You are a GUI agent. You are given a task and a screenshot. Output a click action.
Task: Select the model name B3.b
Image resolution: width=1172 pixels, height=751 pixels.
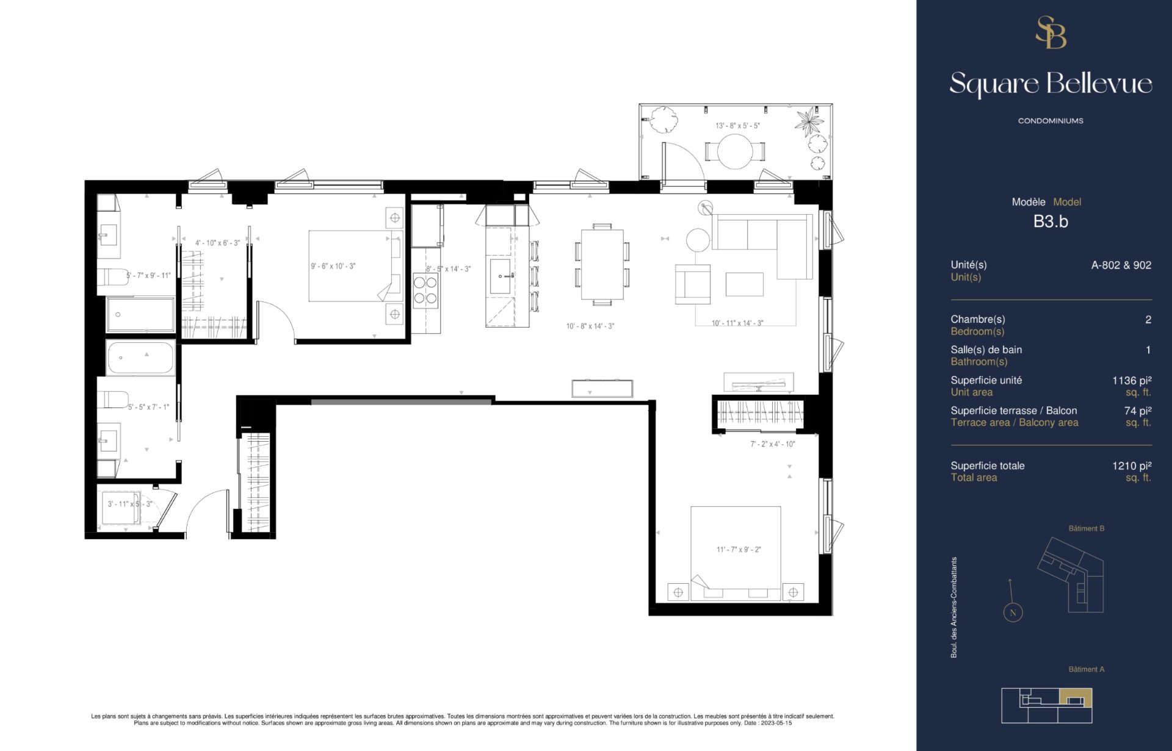point(1051,221)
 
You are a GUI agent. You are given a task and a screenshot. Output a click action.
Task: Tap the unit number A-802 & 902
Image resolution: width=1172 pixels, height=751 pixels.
point(1121,265)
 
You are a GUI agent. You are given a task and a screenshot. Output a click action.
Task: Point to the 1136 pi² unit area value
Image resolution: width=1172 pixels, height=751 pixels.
point(1132,381)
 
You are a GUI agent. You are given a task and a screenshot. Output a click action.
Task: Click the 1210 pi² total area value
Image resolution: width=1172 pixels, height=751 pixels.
point(1132,466)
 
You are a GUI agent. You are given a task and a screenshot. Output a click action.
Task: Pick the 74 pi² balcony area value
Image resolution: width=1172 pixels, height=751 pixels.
point(1138,411)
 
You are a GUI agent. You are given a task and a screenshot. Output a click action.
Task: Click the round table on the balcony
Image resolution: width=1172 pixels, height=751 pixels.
point(735,151)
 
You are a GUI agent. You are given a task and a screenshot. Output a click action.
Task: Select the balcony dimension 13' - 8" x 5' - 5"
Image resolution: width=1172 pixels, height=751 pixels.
point(737,126)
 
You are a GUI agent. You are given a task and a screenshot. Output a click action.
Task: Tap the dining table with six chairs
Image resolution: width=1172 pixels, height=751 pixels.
point(602,264)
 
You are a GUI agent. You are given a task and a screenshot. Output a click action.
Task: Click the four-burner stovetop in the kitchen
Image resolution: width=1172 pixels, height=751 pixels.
point(425,290)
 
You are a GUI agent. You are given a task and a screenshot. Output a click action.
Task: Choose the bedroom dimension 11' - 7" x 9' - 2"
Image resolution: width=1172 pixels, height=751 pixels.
point(739,550)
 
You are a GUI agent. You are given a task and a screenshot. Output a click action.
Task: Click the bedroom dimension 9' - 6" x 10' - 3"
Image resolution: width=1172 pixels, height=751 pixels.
point(333,267)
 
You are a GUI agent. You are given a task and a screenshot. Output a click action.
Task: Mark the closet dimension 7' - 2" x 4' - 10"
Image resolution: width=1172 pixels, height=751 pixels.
point(773,444)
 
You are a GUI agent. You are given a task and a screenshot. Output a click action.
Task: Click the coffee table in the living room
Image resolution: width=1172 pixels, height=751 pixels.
point(744,284)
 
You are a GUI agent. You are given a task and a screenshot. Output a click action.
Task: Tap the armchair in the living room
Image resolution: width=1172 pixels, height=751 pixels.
point(693,284)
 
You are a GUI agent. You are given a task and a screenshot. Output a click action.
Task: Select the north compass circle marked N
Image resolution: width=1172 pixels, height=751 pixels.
point(1013,613)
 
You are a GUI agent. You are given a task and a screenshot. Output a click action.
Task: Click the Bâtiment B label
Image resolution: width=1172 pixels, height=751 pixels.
point(1087,528)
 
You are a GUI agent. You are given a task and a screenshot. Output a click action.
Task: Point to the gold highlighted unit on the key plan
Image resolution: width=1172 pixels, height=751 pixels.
point(1076,697)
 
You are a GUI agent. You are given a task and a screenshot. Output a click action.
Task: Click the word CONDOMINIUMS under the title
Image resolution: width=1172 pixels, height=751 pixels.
point(1051,121)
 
